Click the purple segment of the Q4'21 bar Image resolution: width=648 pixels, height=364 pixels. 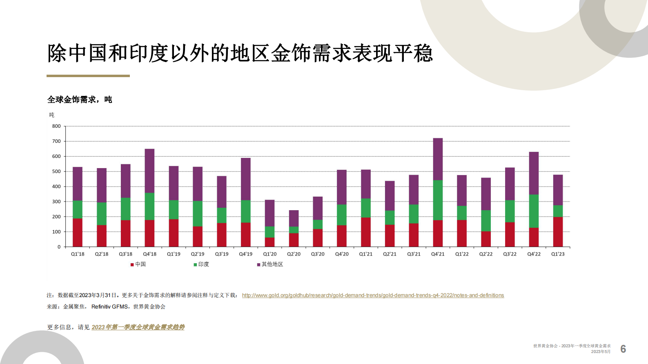coord(438,159)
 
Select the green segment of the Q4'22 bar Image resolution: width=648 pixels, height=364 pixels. coord(534,211)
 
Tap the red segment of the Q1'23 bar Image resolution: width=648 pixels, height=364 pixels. coord(558,232)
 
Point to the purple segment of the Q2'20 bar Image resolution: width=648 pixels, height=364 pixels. coord(294,218)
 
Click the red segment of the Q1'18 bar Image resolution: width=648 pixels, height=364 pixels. coord(78,233)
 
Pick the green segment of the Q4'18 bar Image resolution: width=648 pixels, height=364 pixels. coord(149,206)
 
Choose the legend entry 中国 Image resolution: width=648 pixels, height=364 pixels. coord(138,264)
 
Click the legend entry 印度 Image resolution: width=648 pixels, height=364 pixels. coord(202,264)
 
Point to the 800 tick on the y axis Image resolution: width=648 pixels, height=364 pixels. coord(56,126)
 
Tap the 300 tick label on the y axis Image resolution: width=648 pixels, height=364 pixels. coord(56,202)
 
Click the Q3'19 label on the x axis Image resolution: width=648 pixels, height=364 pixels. coord(222,254)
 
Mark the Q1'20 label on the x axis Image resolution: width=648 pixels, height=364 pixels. coord(270,254)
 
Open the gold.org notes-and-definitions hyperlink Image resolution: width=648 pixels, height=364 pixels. coord(373,295)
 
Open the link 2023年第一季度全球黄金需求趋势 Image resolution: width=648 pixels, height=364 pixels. coord(138,327)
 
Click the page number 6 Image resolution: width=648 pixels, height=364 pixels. coord(623,349)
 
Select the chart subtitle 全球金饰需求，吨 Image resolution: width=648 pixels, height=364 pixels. coord(80,100)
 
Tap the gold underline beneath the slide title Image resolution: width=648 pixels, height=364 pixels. coord(88,76)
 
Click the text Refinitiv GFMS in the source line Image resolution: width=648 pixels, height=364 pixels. coord(109,306)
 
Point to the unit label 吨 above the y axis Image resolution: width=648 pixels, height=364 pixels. coord(52,115)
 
